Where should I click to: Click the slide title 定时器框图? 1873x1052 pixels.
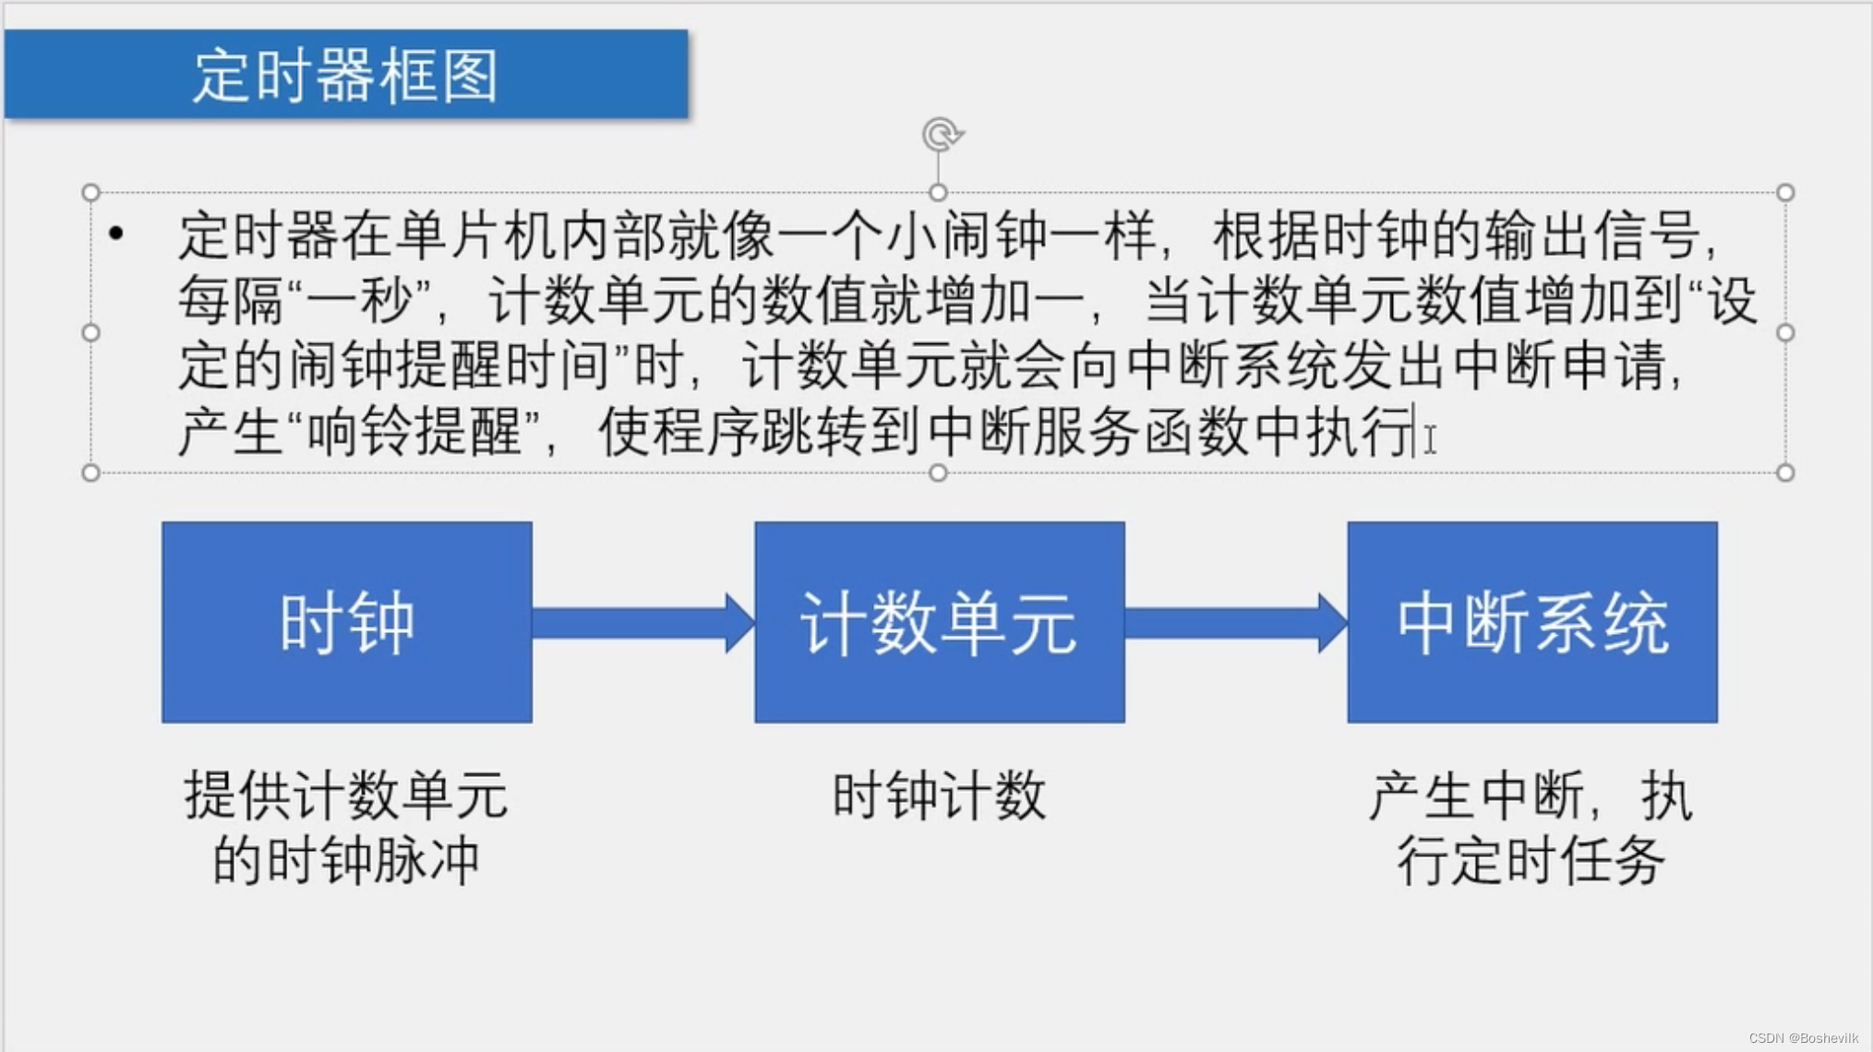(345, 75)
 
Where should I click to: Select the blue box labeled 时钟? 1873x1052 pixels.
(347, 622)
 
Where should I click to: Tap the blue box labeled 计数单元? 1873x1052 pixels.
(939, 622)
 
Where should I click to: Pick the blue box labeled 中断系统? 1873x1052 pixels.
(1532, 622)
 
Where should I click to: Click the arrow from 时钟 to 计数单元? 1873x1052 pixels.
(642, 623)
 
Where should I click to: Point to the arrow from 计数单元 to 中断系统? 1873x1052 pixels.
(1235, 623)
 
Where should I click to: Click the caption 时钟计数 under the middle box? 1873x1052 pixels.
(939, 795)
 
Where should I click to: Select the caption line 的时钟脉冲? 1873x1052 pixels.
(346, 861)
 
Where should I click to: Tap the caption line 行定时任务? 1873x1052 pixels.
(1531, 861)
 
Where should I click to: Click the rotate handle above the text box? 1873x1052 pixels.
(942, 135)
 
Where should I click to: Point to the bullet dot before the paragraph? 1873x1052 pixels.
(116, 234)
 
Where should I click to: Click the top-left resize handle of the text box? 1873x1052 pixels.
(90, 192)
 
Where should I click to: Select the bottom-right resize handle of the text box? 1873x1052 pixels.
(1785, 472)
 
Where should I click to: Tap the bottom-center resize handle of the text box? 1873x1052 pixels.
(938, 472)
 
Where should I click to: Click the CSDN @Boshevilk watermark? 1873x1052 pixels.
(1803, 1038)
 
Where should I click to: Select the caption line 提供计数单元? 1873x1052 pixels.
(346, 795)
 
